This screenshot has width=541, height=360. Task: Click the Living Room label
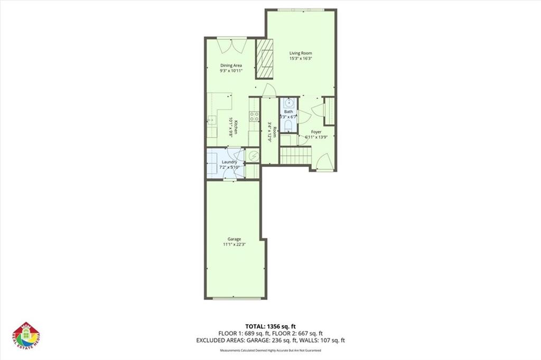pos(301,53)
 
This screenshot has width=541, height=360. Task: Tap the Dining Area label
pos(231,65)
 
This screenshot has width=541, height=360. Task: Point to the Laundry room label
pos(229,162)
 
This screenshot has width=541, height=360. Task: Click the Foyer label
pos(316,132)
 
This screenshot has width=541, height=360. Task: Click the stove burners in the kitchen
pos(254,117)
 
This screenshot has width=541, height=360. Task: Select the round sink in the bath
pos(288,103)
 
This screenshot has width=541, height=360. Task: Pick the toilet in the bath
pos(288,125)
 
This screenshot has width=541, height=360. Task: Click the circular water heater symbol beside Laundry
pos(253,156)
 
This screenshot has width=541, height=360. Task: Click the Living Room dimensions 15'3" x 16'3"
pos(301,59)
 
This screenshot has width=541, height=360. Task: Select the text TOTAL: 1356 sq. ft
pos(270,326)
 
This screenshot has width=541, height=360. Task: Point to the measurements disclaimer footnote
pos(270,350)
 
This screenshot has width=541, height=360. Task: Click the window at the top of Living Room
pos(301,10)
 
